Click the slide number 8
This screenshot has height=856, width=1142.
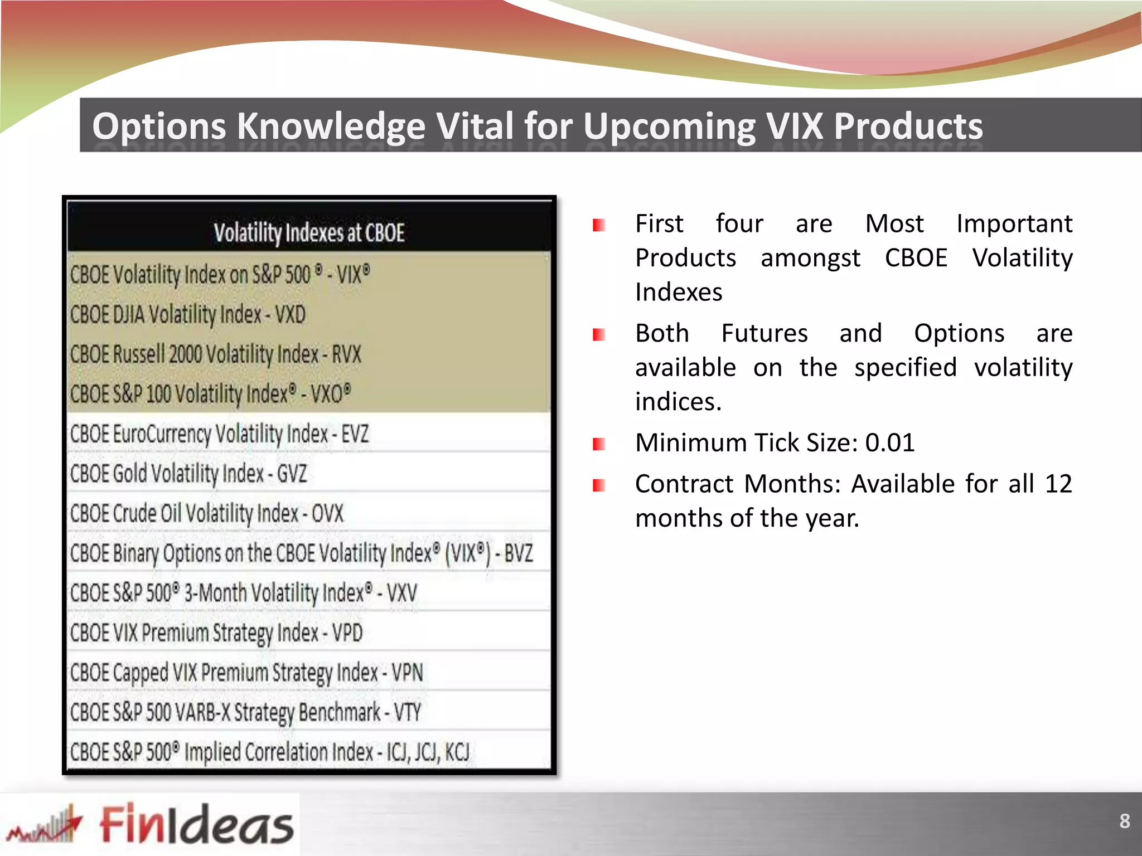pyautogui.click(x=1124, y=821)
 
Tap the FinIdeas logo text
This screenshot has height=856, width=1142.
pyautogui.click(x=196, y=824)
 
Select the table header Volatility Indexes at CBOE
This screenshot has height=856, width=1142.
pyautogui.click(x=309, y=233)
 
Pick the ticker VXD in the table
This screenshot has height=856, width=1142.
pyautogui.click(x=290, y=315)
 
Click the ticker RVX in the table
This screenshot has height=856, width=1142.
pyautogui.click(x=346, y=354)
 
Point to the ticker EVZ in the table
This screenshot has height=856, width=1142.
pyautogui.click(x=355, y=434)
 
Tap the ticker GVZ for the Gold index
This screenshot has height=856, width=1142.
pyautogui.click(x=292, y=474)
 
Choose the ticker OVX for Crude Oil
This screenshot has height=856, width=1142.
pyautogui.click(x=327, y=513)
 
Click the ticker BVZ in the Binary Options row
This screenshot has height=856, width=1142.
pyautogui.click(x=519, y=553)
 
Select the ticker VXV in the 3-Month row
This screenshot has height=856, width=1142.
pyautogui.click(x=401, y=593)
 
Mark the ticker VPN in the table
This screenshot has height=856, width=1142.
pyautogui.click(x=407, y=673)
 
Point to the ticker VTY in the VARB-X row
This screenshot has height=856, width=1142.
pyautogui.click(x=407, y=712)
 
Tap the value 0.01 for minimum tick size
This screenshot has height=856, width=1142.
pyautogui.click(x=889, y=443)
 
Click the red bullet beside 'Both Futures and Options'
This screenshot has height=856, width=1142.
pyautogui.click(x=599, y=334)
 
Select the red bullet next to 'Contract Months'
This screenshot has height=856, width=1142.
pyautogui.click(x=599, y=485)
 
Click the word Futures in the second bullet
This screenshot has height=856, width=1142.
pyautogui.click(x=764, y=334)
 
